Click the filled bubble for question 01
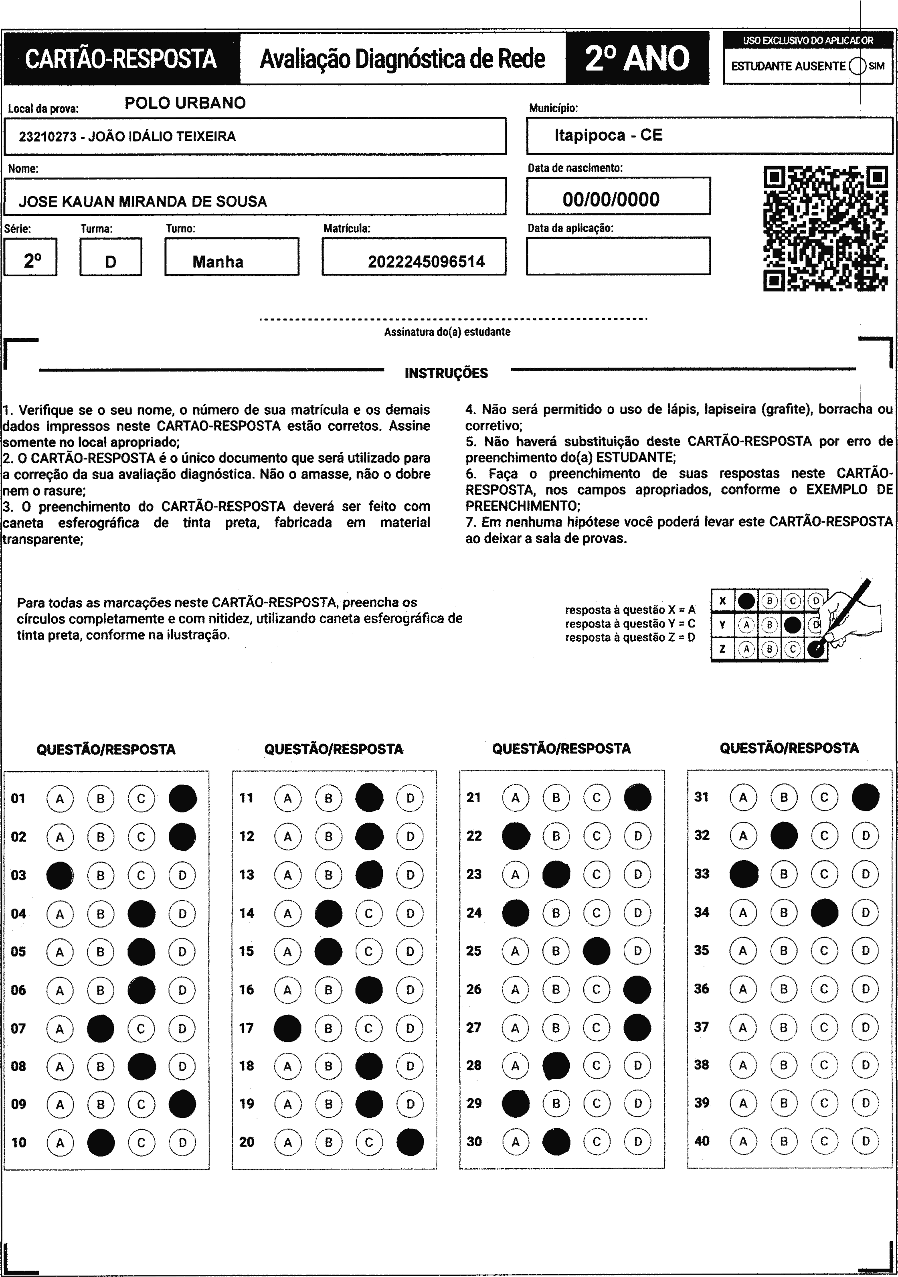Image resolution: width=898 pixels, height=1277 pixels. click(x=182, y=799)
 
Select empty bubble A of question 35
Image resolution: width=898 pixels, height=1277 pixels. click(x=743, y=951)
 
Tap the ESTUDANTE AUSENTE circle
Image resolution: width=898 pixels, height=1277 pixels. click(x=858, y=66)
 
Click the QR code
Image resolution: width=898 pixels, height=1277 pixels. click(x=826, y=229)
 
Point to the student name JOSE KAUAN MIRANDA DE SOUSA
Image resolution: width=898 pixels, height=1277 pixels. click(x=143, y=201)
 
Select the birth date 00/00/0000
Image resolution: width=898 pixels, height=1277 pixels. click(x=611, y=199)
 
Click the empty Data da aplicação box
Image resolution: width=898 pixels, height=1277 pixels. click(x=618, y=256)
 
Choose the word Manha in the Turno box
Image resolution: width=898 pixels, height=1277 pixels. click(x=218, y=261)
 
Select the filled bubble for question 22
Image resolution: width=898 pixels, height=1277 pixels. click(x=516, y=836)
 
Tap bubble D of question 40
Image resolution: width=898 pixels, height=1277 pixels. click(x=865, y=1141)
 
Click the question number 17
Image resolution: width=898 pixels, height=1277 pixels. click(x=246, y=1028)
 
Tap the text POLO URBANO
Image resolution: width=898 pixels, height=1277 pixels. click(x=185, y=103)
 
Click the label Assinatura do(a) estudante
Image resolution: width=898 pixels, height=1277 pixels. click(x=447, y=332)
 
